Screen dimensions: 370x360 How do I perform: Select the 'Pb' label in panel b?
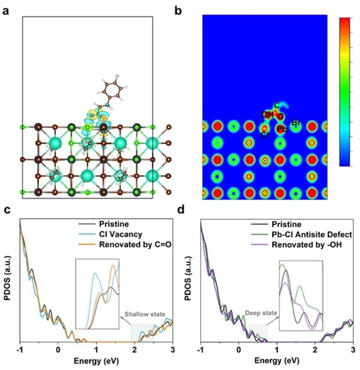point(281,129)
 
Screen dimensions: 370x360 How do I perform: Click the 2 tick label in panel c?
point(134,350)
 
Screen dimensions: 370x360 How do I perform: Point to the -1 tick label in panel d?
point(200,350)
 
